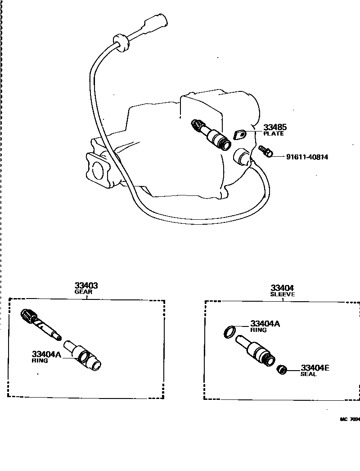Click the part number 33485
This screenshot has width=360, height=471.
click(x=275, y=127)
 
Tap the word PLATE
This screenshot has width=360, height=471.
click(x=274, y=134)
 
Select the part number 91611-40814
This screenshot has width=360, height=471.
click(x=307, y=157)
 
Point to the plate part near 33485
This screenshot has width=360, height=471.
click(x=240, y=134)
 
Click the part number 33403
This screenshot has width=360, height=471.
click(x=86, y=285)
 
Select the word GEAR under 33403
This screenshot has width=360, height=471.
click(x=83, y=292)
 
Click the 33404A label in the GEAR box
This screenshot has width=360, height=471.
click(x=46, y=354)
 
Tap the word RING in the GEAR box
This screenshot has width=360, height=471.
click(x=40, y=361)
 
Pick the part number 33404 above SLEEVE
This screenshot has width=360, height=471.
click(x=282, y=288)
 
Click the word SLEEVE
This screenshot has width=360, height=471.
click(x=282, y=294)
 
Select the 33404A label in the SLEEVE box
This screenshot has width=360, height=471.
click(x=265, y=323)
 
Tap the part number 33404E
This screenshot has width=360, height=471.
click(x=315, y=368)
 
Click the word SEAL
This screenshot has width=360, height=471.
click(x=308, y=374)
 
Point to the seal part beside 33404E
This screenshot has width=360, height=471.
click(x=282, y=370)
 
